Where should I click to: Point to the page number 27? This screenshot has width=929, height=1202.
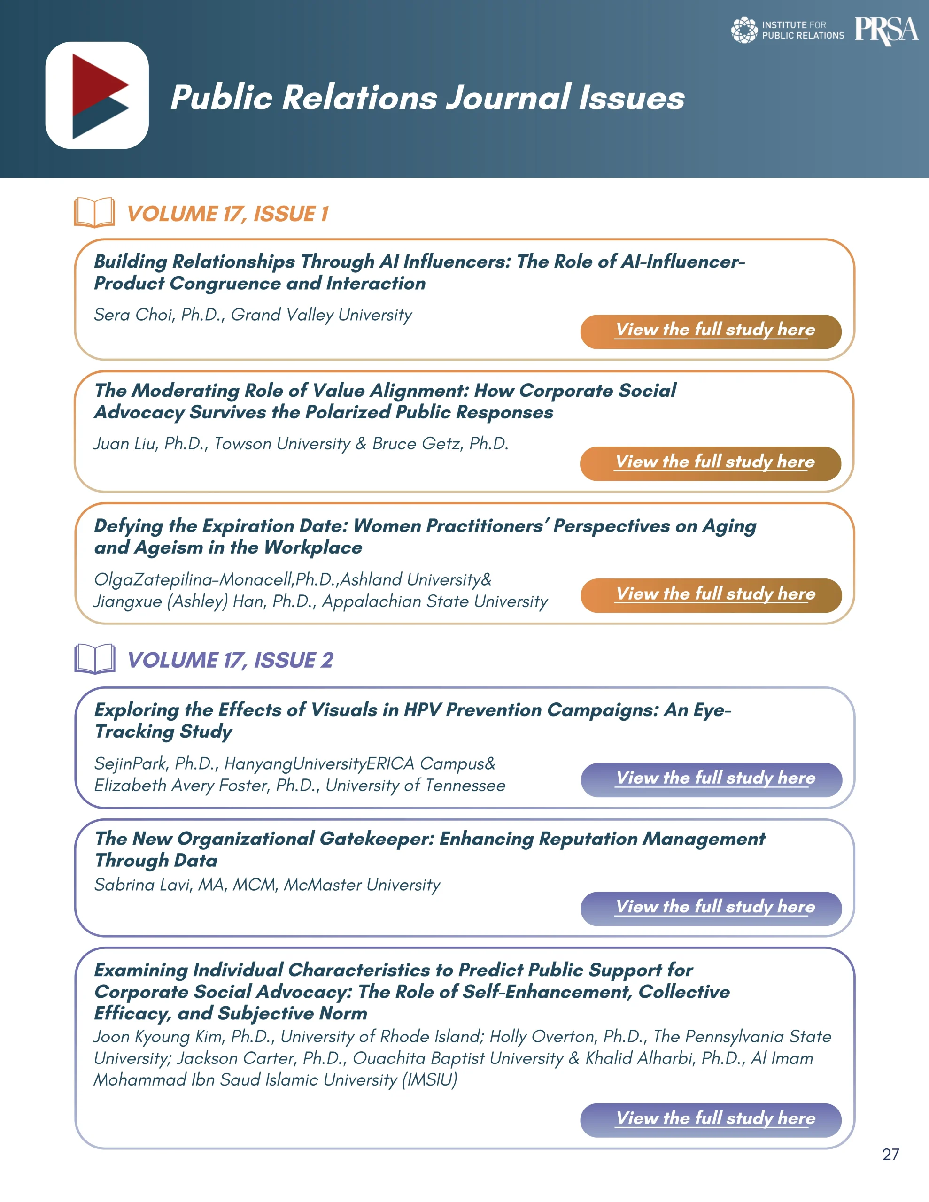click(x=890, y=1154)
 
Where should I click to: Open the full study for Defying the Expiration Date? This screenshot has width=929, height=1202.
click(x=711, y=595)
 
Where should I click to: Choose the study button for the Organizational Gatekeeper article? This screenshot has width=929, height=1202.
click(x=711, y=908)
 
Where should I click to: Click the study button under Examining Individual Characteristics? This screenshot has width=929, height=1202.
click(x=711, y=1119)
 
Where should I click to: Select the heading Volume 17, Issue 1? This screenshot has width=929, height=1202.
click(x=227, y=214)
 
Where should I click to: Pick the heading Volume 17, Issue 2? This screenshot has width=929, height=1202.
click(x=230, y=660)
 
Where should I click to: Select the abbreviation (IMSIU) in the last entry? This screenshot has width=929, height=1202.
click(x=430, y=1080)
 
